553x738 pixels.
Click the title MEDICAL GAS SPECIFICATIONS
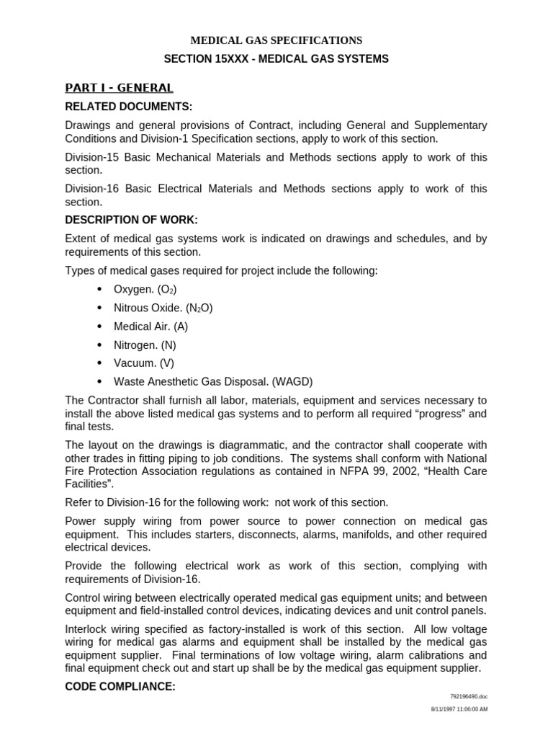click(276, 40)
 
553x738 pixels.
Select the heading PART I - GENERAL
click(119, 88)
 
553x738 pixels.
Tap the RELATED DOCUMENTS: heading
click(128, 107)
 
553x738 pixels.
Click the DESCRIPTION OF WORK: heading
click(131, 219)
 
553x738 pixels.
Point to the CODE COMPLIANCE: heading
click(120, 687)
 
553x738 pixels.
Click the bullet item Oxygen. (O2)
click(145, 289)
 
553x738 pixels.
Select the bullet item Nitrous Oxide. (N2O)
click(163, 308)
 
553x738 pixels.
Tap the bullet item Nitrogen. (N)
click(145, 345)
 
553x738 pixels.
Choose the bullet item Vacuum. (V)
click(143, 363)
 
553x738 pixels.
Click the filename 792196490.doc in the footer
click(469, 697)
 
